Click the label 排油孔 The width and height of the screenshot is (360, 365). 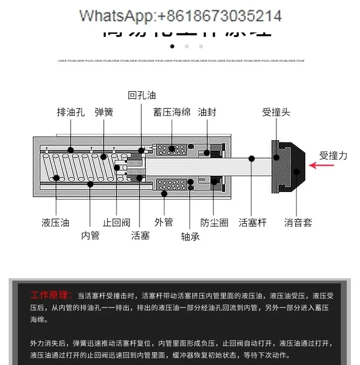coord(70,112)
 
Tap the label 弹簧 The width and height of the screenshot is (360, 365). coord(104,112)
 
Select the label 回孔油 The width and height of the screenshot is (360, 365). coord(142,95)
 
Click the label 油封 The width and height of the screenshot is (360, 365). coord(207,112)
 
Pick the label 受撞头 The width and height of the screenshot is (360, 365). coord(276,112)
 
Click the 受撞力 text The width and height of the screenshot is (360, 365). coord(333,155)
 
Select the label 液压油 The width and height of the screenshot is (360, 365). coord(55,223)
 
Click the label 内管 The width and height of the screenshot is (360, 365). coord(90,236)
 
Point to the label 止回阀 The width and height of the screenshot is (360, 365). coord(116,223)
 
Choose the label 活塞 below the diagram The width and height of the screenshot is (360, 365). coord(140,236)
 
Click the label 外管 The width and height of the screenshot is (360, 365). coord(164,222)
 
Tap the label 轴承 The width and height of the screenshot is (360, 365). coord(190,237)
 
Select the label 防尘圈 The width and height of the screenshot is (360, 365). coord(214,223)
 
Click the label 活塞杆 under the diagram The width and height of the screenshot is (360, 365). coord(252,223)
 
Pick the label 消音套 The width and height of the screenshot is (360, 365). coord(298,223)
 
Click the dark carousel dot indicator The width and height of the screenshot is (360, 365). coord(172,46)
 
